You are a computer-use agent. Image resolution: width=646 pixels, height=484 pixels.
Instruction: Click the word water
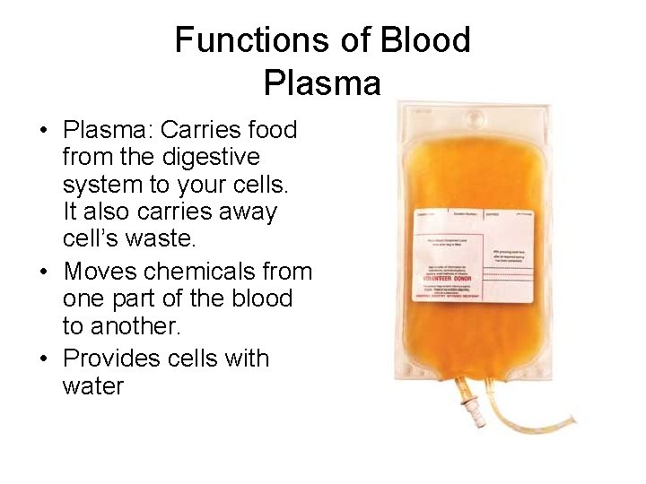pyautogui.click(x=93, y=386)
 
